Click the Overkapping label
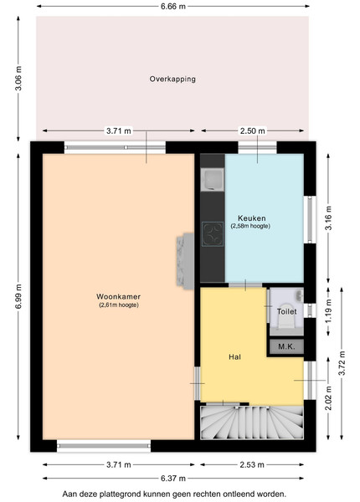pos(172,79)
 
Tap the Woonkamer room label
pos(119,297)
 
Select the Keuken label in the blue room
pos(252,218)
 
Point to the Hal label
pos(234,357)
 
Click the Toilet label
pos(286,311)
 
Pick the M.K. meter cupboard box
pos(286,346)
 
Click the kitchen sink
pos(212,179)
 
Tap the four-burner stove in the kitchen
pos(213,234)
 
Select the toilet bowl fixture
pos(286,315)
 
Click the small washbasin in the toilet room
pos(300,295)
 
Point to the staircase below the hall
pos(252,423)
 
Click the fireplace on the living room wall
pos(185,261)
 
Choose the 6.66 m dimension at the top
pos(173,6)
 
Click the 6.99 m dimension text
pos(18,297)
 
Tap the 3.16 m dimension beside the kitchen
pos(328,218)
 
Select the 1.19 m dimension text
pos(328,311)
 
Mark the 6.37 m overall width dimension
pos(173,479)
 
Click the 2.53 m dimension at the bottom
pos(252,464)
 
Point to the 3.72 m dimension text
pos(342,363)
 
